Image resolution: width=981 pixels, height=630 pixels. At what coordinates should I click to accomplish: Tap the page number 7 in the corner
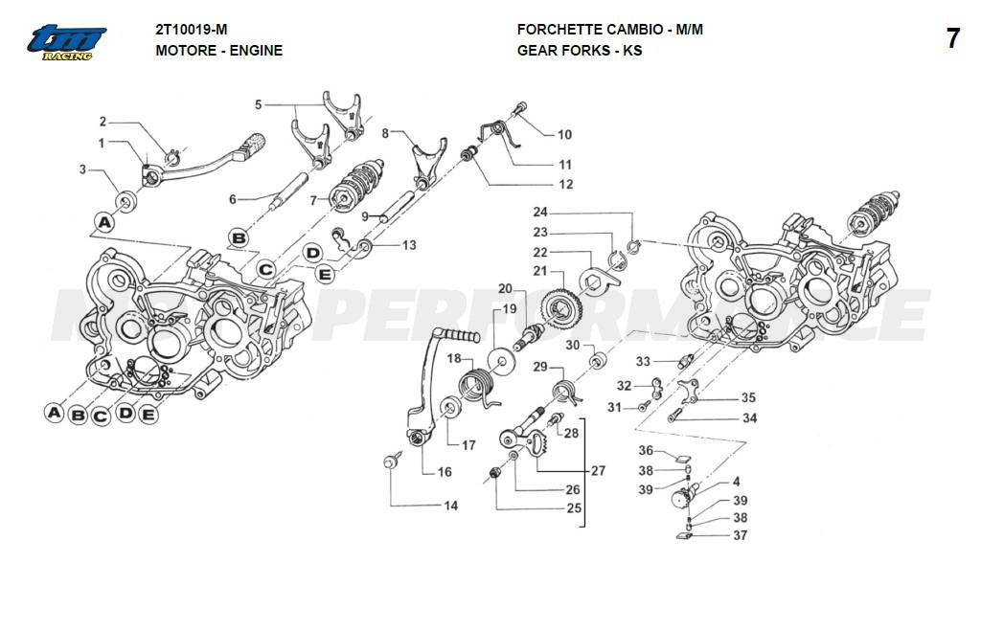(952, 39)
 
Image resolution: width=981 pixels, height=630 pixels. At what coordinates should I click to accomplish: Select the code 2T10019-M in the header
(192, 30)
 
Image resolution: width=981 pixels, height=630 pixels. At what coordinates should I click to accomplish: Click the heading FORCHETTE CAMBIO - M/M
(609, 30)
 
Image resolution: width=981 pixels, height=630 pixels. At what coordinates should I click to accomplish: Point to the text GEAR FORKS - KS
(580, 50)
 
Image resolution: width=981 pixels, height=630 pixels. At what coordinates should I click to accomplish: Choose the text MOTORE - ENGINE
(218, 50)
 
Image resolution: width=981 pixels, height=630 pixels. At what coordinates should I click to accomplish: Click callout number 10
(564, 135)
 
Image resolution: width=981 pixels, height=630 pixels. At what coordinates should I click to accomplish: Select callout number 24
(540, 212)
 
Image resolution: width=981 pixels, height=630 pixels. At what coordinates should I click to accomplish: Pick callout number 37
(741, 536)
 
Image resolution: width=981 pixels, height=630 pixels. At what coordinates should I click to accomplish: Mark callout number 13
(409, 246)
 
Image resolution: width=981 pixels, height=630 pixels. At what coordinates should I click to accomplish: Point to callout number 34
(749, 418)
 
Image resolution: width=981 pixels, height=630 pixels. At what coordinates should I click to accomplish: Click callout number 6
(232, 199)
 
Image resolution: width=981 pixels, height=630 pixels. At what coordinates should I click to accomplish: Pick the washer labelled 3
(126, 202)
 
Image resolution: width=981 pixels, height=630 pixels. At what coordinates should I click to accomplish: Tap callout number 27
(599, 472)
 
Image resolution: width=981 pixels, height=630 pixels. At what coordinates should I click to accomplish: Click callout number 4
(737, 482)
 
